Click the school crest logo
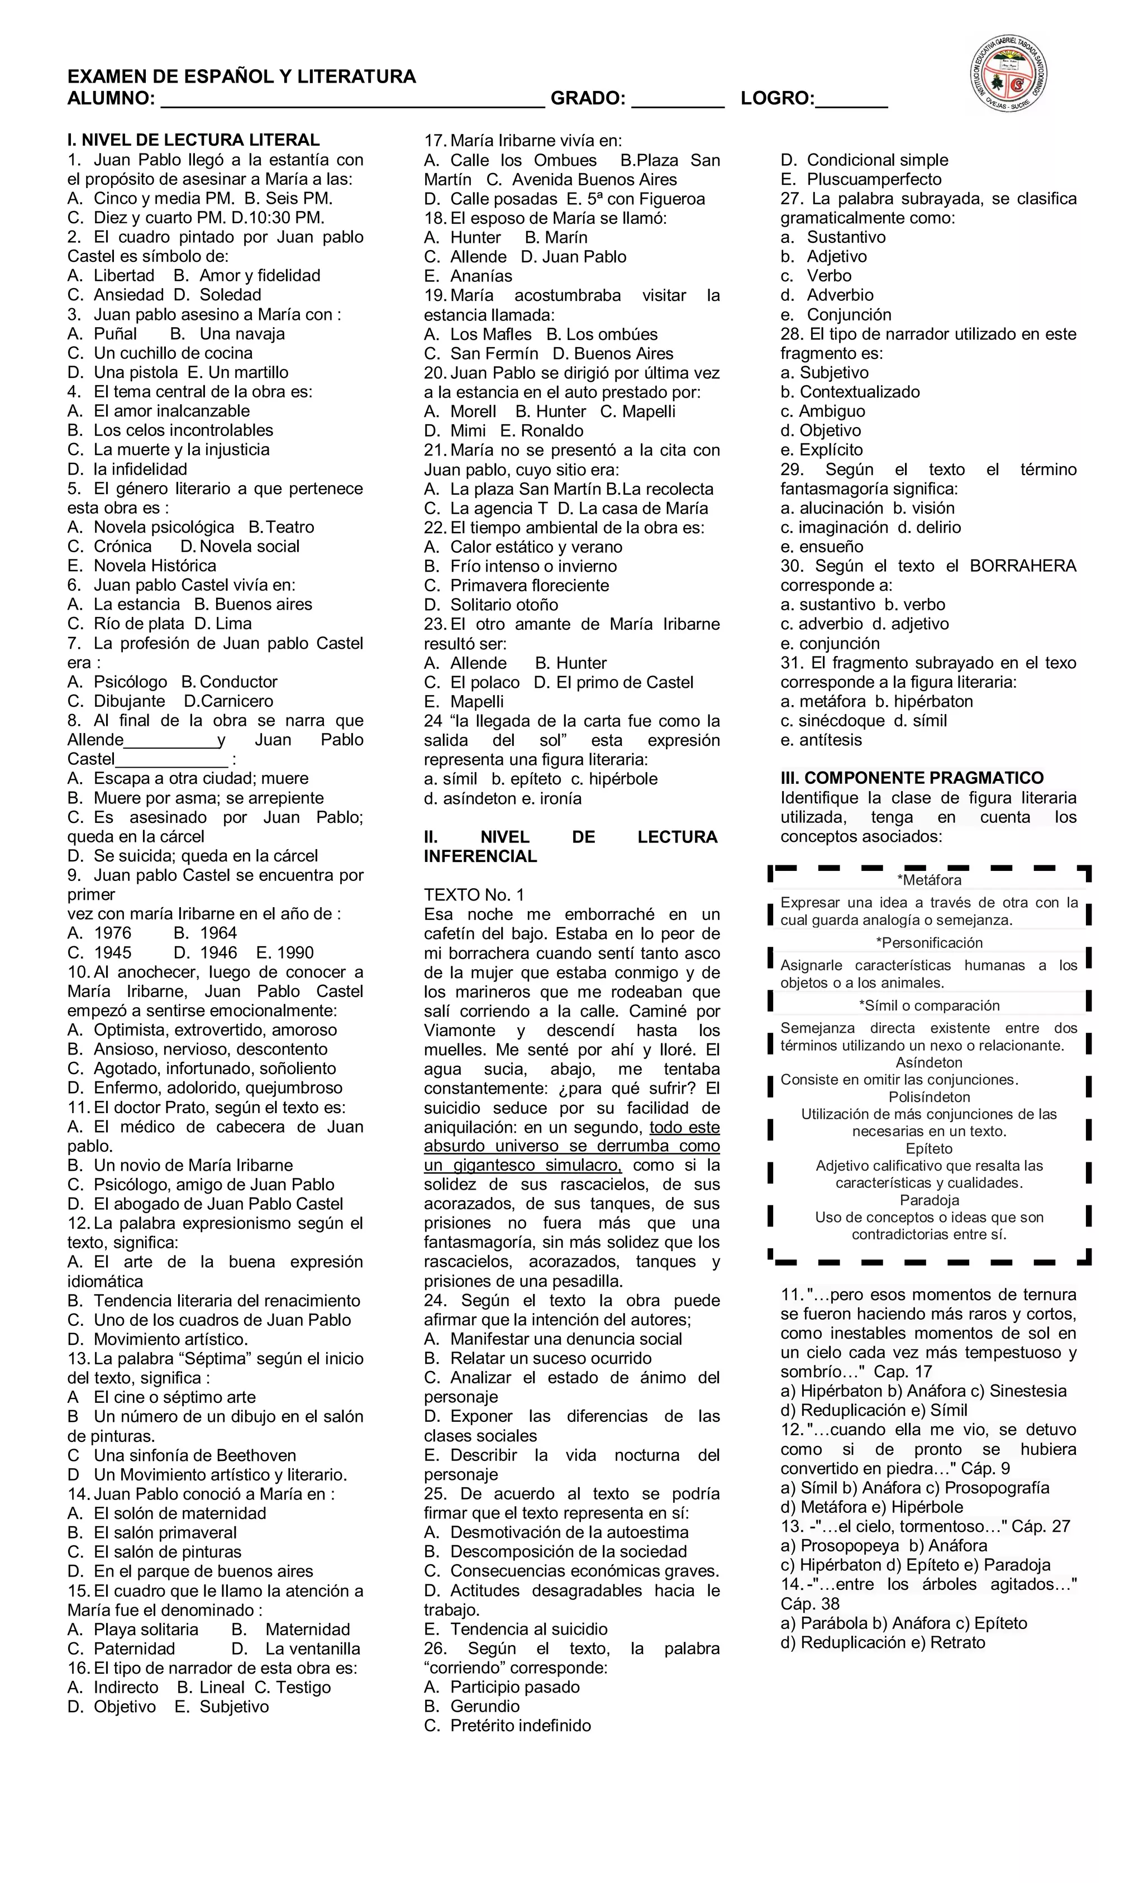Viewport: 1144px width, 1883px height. click(x=1009, y=76)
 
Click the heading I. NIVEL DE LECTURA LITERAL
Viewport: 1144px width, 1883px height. click(x=193, y=140)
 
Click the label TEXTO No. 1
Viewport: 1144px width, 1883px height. click(x=474, y=895)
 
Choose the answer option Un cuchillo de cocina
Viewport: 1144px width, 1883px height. click(x=173, y=353)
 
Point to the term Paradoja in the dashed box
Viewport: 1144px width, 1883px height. click(x=929, y=1200)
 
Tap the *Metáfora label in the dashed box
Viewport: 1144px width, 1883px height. click(x=929, y=880)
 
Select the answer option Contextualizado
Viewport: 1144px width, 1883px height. click(x=860, y=392)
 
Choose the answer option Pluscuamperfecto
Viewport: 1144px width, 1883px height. click(x=874, y=180)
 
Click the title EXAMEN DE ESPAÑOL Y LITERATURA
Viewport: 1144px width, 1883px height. click(x=242, y=76)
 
